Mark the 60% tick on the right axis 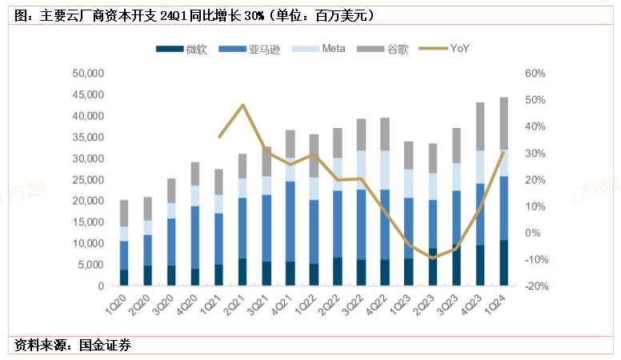(x=535, y=74)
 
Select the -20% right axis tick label (x=535, y=286)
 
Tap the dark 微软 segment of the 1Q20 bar (x=124, y=277)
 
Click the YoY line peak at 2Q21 (x=242, y=105)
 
